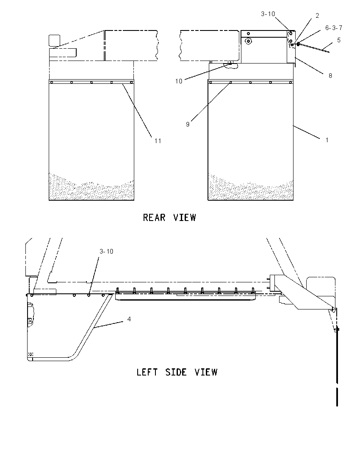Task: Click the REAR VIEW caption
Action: click(169, 218)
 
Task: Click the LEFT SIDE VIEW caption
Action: click(177, 372)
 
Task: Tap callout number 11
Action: click(158, 141)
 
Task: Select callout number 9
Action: click(187, 124)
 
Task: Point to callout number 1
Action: click(327, 140)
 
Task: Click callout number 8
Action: click(330, 76)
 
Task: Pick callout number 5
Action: click(339, 40)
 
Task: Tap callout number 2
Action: click(317, 16)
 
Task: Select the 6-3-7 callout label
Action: click(334, 28)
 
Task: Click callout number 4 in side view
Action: click(129, 319)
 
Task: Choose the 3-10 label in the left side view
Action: click(106, 251)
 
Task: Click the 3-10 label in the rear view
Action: click(268, 14)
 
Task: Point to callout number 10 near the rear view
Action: click(179, 81)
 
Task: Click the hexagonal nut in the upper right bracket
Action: click(249, 41)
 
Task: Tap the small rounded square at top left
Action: click(55, 41)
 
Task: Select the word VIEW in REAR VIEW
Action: click(185, 218)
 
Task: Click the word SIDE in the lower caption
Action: click(176, 372)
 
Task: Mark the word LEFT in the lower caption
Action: click(147, 372)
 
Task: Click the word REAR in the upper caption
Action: click(154, 218)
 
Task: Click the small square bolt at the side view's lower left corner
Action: click(31, 354)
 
